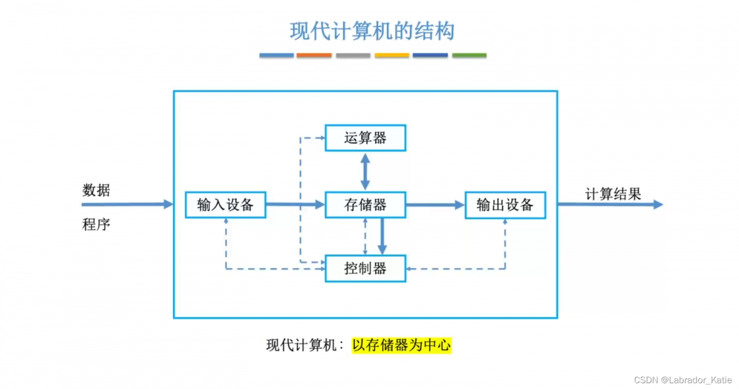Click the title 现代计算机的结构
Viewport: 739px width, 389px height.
coord(372,31)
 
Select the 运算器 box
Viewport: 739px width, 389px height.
coord(365,138)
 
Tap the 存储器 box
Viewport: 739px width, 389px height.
coord(365,205)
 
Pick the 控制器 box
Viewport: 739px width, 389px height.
coord(365,268)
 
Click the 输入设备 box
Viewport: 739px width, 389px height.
coord(225,205)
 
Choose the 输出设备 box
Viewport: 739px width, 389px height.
coord(505,205)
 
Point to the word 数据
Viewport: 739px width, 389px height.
coord(96,190)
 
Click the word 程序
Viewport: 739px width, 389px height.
coord(96,225)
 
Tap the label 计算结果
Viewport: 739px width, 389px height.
coord(613,194)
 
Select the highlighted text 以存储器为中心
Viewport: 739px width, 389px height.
coord(401,345)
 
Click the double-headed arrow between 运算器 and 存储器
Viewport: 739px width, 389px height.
coord(365,171)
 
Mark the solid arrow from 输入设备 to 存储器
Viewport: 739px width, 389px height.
coord(295,204)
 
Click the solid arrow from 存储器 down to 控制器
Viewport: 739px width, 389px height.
coord(382,237)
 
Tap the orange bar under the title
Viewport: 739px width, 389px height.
coord(314,55)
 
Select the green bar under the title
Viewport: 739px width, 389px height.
coord(469,55)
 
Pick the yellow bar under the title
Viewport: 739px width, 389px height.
coord(391,55)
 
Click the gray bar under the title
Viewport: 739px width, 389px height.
coord(353,55)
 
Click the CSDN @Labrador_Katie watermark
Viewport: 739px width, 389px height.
coord(682,380)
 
